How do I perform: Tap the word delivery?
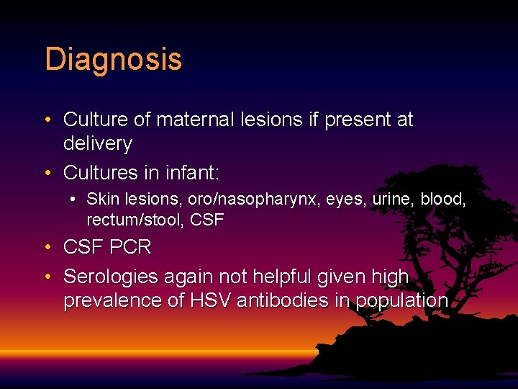tap(98, 144)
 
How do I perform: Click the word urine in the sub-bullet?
tap(392, 200)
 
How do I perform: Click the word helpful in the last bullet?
tap(296, 277)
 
